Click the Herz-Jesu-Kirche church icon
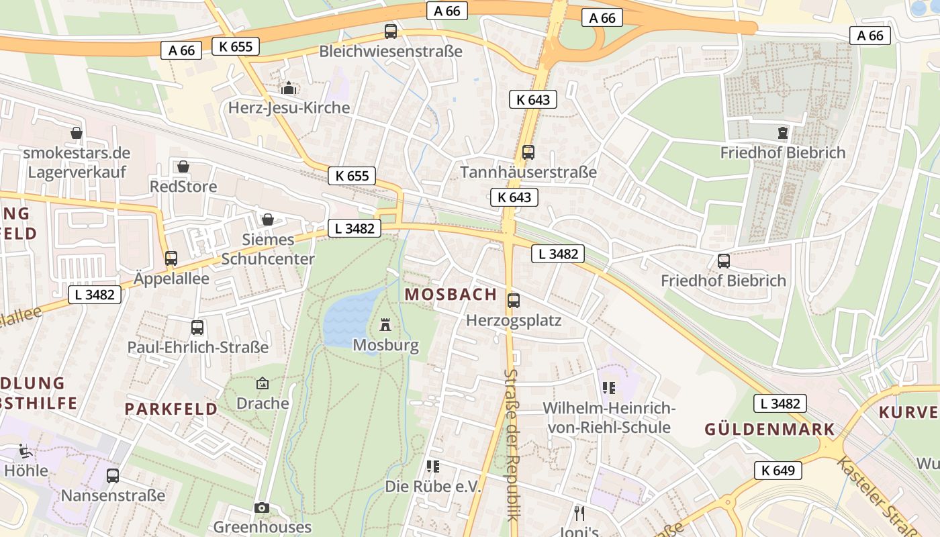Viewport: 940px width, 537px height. pyautogui.click(x=289, y=88)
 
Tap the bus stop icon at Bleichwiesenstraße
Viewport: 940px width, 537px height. pyautogui.click(x=390, y=31)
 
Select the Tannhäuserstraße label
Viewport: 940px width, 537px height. pyautogui.click(x=528, y=173)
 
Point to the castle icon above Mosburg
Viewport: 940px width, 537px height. pyautogui.click(x=385, y=325)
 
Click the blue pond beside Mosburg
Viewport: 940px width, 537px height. pyautogui.click(x=349, y=320)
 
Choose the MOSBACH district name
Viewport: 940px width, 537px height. pyautogui.click(x=451, y=294)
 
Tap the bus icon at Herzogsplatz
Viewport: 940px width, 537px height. pyautogui.click(x=514, y=300)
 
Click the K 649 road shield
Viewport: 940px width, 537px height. pyautogui.click(x=778, y=470)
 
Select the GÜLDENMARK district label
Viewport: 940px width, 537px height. pyautogui.click(x=769, y=429)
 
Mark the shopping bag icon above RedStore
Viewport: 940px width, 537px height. pyautogui.click(x=183, y=166)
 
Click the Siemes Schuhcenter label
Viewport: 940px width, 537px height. pyautogui.click(x=268, y=249)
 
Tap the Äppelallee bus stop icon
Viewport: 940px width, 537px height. pyautogui.click(x=171, y=258)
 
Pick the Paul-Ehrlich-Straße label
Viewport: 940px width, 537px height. pyautogui.click(x=198, y=347)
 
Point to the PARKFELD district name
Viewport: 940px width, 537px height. pyautogui.click(x=171, y=408)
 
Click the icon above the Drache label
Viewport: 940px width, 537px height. pyautogui.click(x=263, y=383)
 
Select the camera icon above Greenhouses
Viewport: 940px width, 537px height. pyautogui.click(x=262, y=507)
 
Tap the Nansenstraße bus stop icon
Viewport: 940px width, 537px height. pyautogui.click(x=113, y=475)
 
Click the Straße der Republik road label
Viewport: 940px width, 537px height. pyautogui.click(x=512, y=444)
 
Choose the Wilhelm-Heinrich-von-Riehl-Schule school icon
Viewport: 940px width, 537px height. pyautogui.click(x=609, y=387)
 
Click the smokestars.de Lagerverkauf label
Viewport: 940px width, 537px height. pyautogui.click(x=77, y=162)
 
